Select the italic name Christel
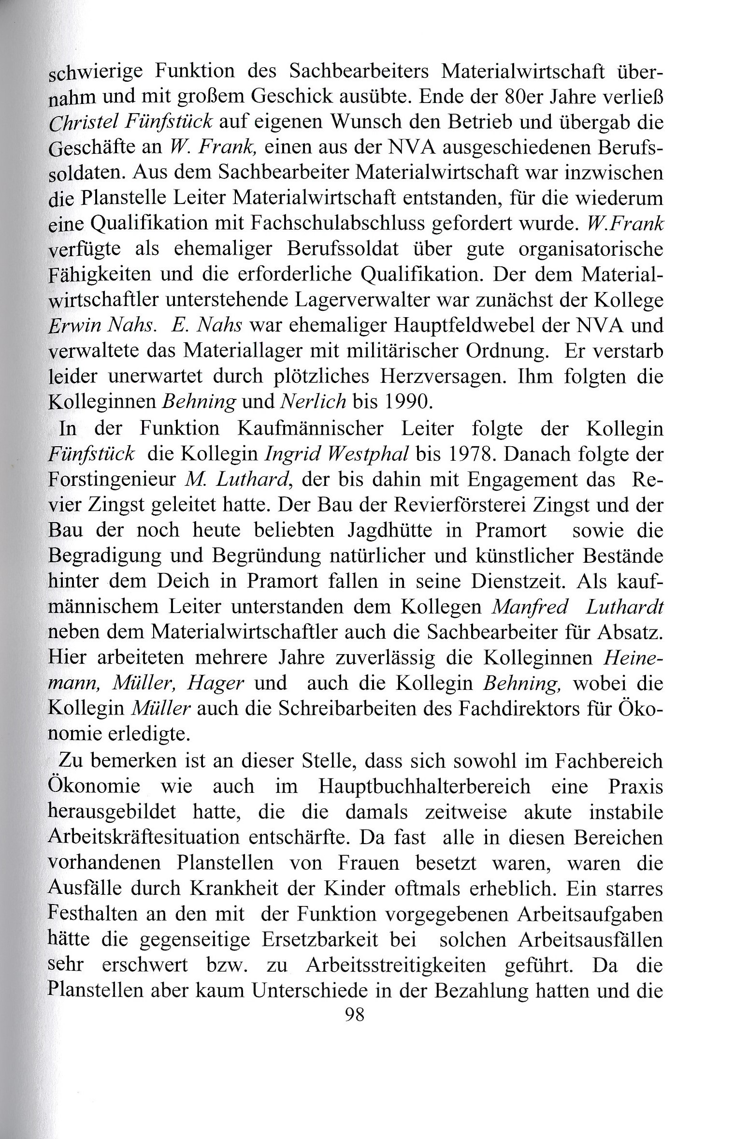coord(84,123)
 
